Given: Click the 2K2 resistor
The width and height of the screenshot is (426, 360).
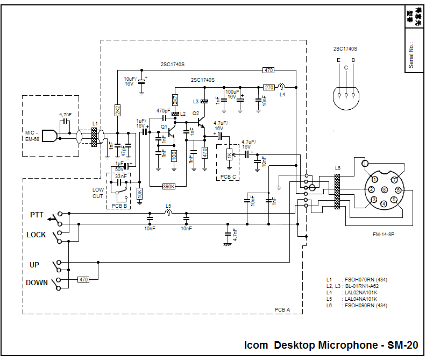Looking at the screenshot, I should tap(117, 109).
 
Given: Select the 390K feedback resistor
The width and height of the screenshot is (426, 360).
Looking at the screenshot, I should tap(169, 186).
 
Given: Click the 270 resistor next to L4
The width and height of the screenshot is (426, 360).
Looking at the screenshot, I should tap(269, 87).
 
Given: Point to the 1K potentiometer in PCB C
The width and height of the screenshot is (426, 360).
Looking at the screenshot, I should tap(229, 156).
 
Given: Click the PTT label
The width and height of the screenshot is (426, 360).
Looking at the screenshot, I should tap(37, 215).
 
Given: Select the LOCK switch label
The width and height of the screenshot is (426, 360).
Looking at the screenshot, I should tap(36, 235).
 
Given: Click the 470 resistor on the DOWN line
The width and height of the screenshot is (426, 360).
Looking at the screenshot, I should tap(83, 279).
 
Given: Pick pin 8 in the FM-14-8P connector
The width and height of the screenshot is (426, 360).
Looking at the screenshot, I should tap(384, 190).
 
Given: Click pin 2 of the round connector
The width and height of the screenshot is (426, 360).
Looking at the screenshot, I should tap(371, 189).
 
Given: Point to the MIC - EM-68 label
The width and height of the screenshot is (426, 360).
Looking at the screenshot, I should tap(33, 136).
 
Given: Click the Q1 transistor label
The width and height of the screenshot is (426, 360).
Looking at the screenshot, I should tap(164, 126).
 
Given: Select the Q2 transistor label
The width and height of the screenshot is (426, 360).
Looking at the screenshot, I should tap(196, 114).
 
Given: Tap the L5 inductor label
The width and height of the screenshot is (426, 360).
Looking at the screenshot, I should tap(168, 206).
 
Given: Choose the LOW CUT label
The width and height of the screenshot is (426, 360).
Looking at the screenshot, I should tap(98, 193).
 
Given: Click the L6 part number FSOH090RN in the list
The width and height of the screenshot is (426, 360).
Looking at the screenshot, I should tap(360, 306).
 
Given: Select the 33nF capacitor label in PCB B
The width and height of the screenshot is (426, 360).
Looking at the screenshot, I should tap(121, 175).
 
